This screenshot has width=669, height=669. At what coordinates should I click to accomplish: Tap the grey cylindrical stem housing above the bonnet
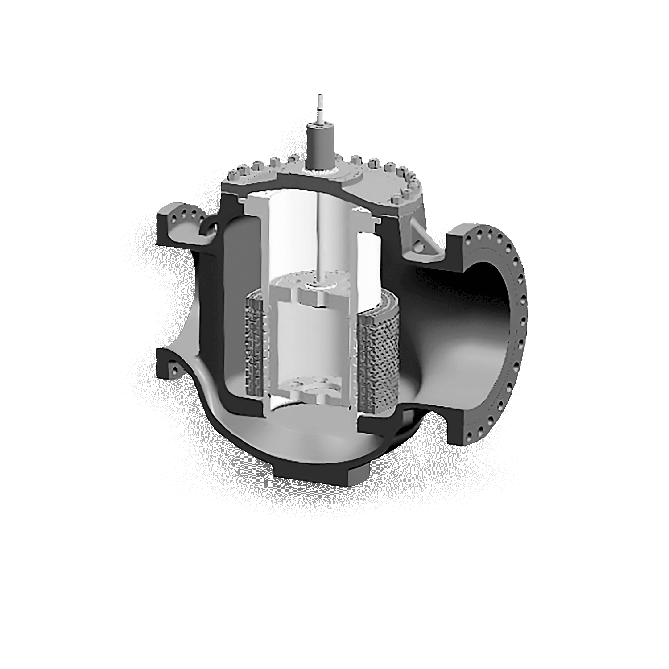point(319,143)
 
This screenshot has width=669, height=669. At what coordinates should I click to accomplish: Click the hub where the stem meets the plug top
point(319,285)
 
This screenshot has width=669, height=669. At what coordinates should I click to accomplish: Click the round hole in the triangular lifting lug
point(420,244)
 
